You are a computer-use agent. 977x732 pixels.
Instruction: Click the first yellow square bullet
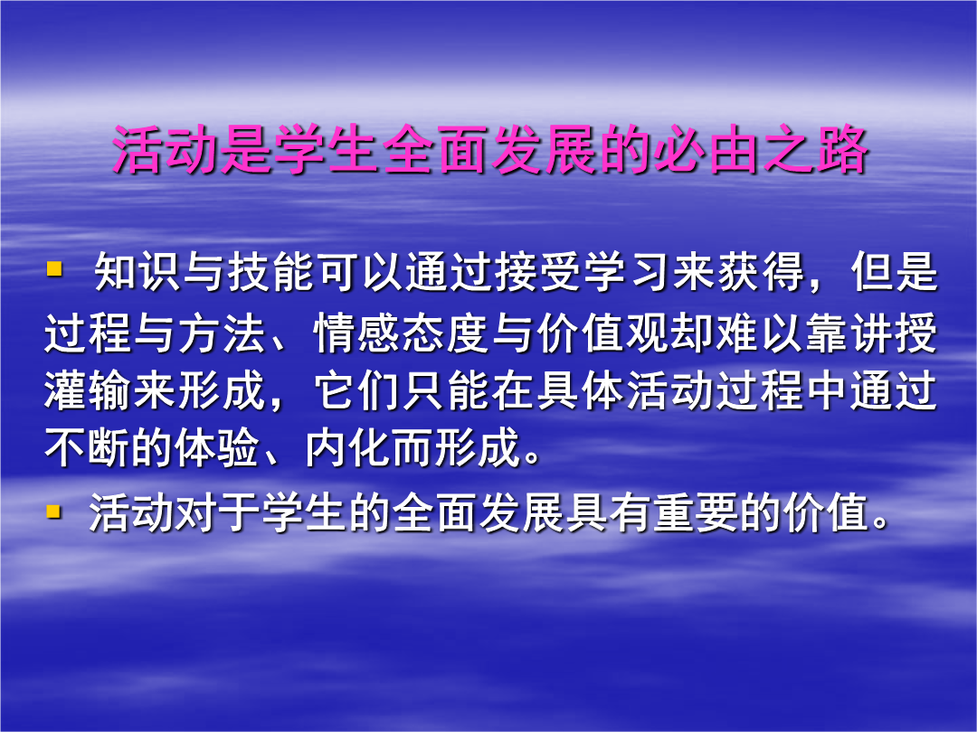(55, 269)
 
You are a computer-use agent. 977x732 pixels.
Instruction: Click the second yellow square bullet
(55, 511)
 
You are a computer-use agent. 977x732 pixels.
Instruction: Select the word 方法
(223, 333)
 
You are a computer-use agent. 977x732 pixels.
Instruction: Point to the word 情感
(357, 333)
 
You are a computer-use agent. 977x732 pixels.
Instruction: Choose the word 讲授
(895, 333)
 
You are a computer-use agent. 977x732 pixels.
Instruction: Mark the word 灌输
(88, 391)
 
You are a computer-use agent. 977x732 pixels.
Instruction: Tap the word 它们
(357, 391)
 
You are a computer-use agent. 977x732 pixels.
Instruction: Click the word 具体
(582, 391)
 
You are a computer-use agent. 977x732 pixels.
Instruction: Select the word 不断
(88, 447)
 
